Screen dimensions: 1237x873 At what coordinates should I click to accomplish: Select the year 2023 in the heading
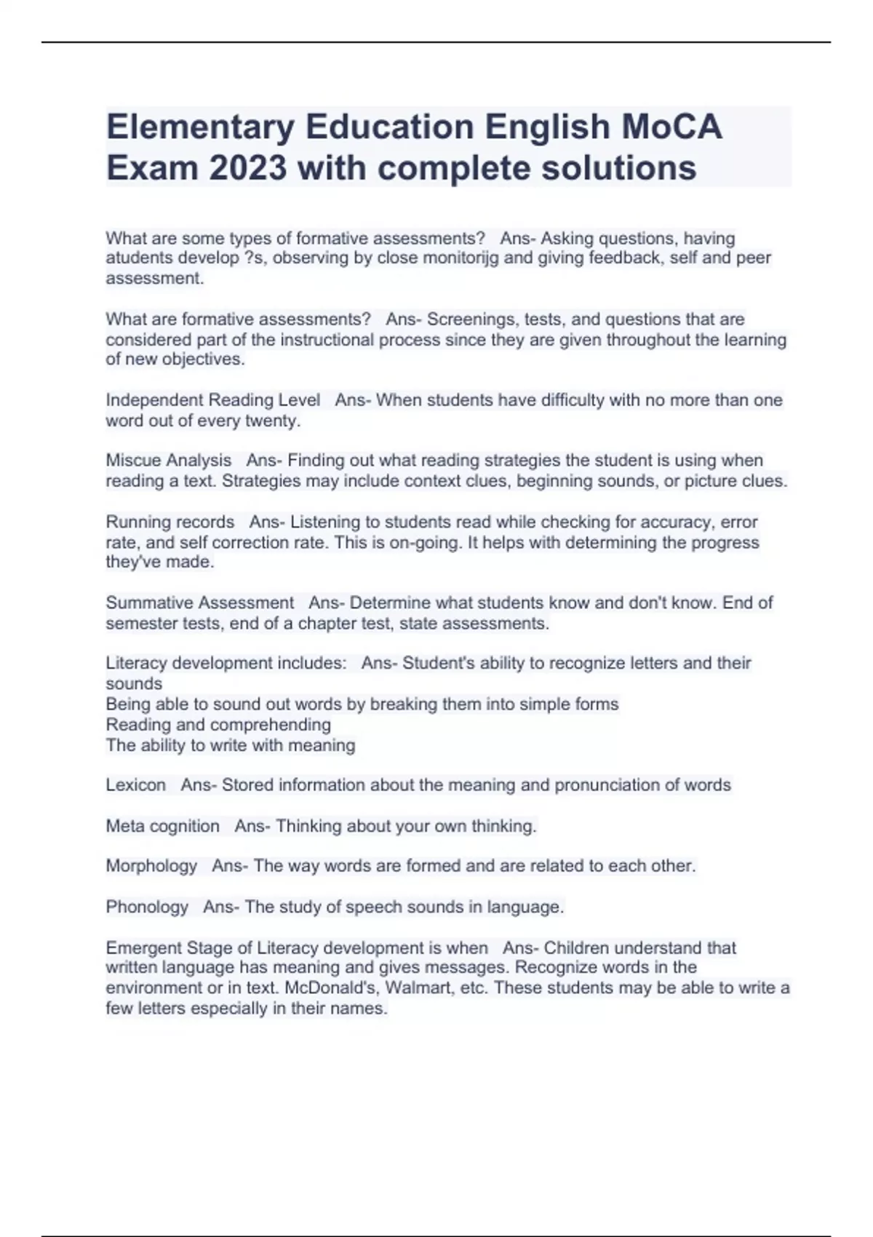[248, 168]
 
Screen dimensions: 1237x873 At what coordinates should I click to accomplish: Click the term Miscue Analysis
[168, 461]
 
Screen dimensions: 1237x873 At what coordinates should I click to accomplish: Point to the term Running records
[170, 522]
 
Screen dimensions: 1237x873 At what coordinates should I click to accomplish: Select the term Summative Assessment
[199, 602]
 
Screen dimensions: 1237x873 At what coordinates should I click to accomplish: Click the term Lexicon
[135, 785]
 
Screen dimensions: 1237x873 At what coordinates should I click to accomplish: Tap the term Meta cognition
[162, 826]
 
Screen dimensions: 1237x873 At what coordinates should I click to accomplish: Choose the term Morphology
[151, 866]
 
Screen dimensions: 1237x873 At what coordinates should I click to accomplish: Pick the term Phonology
[147, 907]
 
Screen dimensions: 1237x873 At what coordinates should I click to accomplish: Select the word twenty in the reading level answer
[271, 421]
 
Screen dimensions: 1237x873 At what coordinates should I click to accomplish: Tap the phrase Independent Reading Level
[212, 400]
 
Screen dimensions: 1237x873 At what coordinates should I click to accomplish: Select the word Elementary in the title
[200, 127]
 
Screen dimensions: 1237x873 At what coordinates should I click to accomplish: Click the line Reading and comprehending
[218, 725]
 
